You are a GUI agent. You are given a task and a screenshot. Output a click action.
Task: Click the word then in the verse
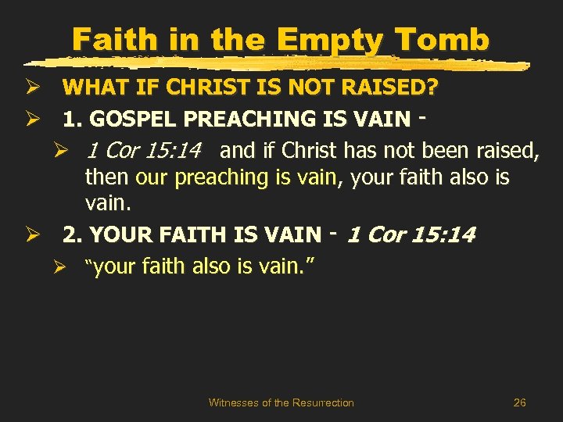pyautogui.click(x=107, y=177)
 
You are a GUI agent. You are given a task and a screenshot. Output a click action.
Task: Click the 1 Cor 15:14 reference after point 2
pyautogui.click(x=411, y=234)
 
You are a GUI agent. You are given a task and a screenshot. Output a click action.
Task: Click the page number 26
pyautogui.click(x=519, y=402)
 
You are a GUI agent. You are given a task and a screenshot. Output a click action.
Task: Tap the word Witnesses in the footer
pyautogui.click(x=233, y=402)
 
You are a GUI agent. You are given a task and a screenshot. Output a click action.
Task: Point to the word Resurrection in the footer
pyautogui.click(x=323, y=402)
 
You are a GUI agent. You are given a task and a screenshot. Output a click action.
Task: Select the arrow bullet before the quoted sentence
pyautogui.click(x=69, y=266)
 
